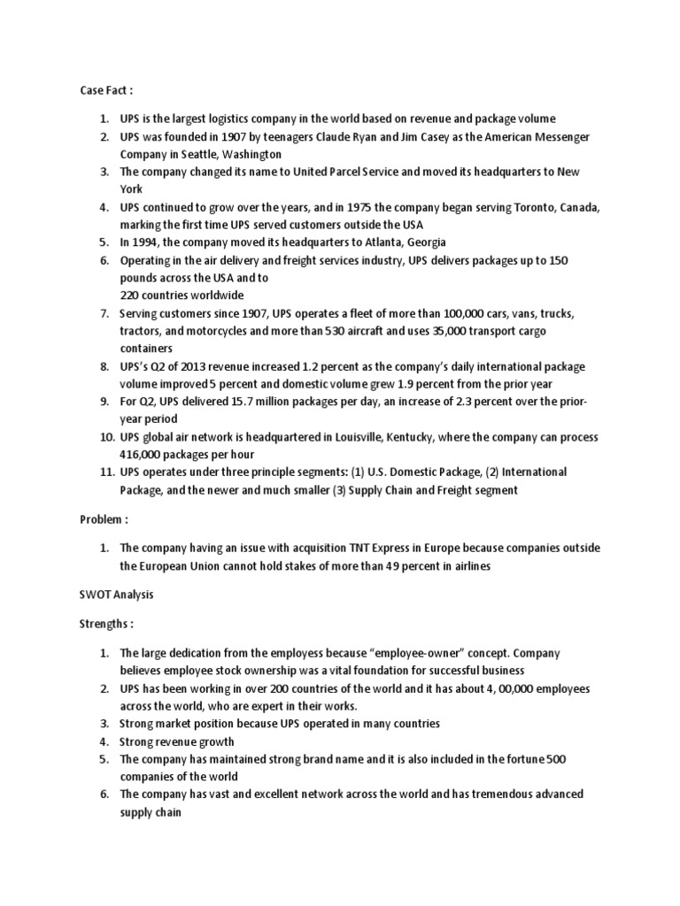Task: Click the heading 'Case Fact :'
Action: tap(106, 90)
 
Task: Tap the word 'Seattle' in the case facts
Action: tap(198, 154)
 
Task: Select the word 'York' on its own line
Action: tap(132, 189)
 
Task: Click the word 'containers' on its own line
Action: tap(147, 349)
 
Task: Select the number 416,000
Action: tap(142, 455)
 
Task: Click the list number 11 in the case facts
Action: tap(104, 472)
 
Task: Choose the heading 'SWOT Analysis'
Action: tap(117, 595)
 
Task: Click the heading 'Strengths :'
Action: tap(107, 624)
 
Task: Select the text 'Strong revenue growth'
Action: tap(177, 741)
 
